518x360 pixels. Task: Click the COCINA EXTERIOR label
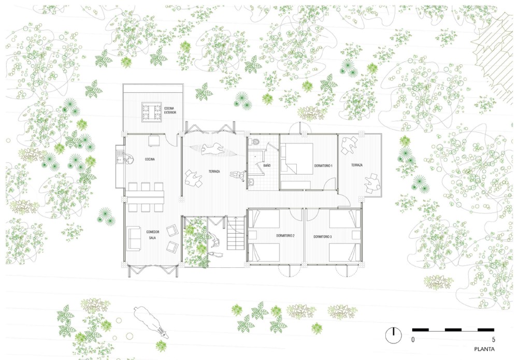(170, 110)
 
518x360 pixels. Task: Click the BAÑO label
(267, 165)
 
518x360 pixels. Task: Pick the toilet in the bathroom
(255, 141)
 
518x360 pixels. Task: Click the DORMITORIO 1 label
(323, 165)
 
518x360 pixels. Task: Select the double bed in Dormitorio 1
(296, 159)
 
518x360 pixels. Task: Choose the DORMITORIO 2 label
(285, 236)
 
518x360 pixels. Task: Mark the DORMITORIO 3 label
(322, 237)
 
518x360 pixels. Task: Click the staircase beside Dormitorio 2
(236, 233)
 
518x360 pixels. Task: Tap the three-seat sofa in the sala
(133, 238)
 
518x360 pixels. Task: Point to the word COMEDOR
(153, 232)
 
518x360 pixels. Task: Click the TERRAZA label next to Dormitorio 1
(357, 165)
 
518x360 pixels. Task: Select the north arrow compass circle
(394, 335)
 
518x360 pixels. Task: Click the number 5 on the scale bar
(494, 339)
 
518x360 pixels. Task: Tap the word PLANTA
(485, 349)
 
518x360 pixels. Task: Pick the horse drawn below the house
(151, 322)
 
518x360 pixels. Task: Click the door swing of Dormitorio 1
(329, 184)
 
